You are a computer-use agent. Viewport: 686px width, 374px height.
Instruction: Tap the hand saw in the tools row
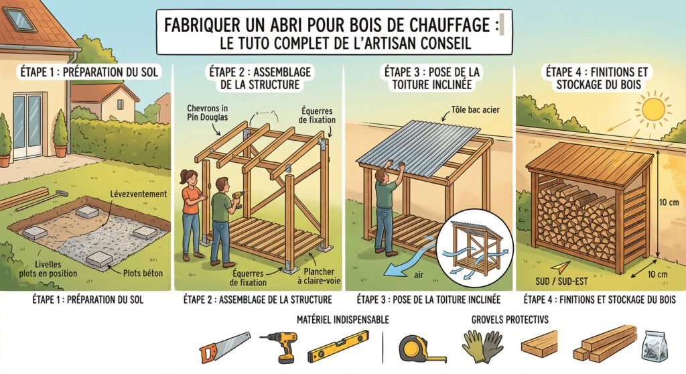pos(225,347)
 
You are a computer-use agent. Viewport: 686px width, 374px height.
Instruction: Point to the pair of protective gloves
pos(482,345)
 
